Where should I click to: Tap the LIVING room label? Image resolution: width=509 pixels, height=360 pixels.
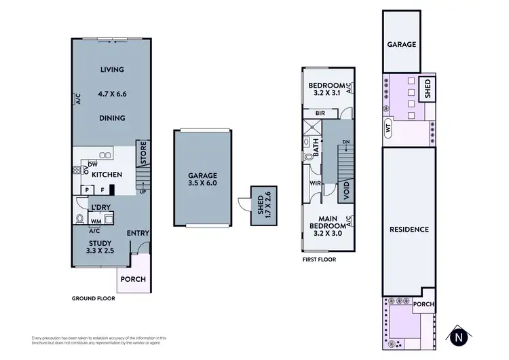point(112,70)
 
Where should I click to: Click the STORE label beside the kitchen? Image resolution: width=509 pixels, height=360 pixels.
point(143,153)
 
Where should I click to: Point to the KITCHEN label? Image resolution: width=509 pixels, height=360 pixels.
point(107,175)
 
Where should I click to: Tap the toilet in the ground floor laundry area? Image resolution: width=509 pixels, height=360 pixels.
point(81,219)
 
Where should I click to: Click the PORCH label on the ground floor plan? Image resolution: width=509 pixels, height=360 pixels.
point(133,279)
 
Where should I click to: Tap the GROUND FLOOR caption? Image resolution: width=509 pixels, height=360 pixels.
point(93,298)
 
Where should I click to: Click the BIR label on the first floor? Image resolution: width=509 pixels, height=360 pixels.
point(318,113)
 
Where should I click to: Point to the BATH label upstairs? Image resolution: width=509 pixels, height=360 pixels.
point(316,145)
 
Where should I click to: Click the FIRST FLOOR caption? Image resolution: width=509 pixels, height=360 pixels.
point(318,259)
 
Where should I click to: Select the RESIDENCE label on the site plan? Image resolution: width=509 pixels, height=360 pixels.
point(409,230)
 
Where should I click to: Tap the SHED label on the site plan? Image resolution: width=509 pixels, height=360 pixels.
point(428,90)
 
